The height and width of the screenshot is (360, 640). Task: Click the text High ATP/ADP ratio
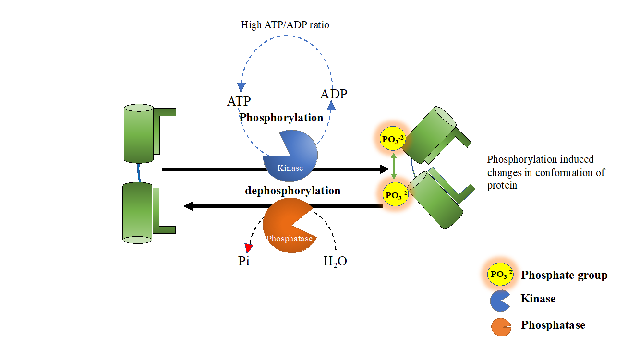click(285, 25)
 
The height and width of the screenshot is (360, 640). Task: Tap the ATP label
click(239, 101)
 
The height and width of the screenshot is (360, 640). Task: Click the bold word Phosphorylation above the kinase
click(281, 118)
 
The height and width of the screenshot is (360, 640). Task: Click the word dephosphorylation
click(292, 191)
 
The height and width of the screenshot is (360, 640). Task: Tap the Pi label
click(244, 262)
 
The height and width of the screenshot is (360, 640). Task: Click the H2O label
click(335, 262)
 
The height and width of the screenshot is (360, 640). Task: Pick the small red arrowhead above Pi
click(248, 248)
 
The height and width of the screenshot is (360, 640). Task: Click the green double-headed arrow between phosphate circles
click(393, 167)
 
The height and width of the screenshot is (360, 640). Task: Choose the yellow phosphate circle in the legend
click(500, 275)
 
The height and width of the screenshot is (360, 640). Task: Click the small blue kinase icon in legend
click(500, 300)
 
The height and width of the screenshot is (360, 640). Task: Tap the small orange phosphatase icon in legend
click(500, 327)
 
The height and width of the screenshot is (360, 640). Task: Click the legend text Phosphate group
click(564, 275)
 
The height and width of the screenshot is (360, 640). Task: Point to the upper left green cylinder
click(138, 133)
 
